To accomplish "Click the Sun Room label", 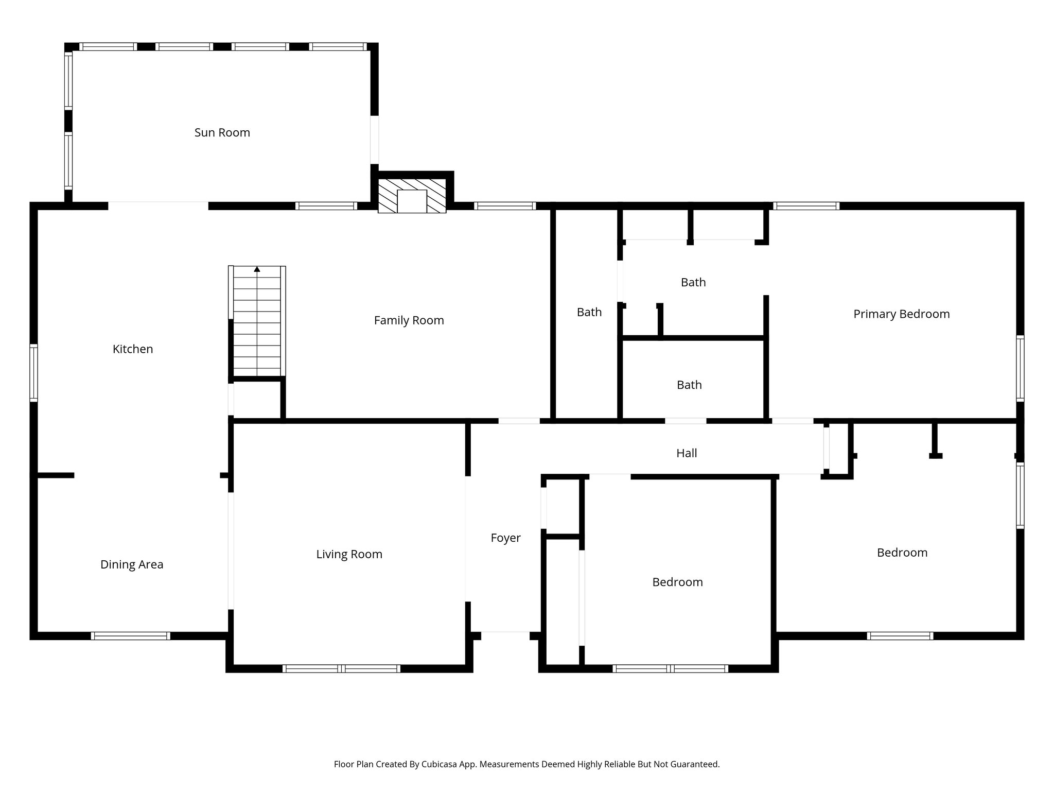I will coord(222,132).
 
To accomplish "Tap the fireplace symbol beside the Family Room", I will coord(412,196).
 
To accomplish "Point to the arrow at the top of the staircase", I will coord(257,269).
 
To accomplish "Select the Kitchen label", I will coord(133,349).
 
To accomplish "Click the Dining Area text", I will coord(132,564).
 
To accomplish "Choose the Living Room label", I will coord(349,554).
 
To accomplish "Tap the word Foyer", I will coord(505,538).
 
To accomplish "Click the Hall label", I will coord(687,453).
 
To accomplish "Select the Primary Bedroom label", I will coord(901,314).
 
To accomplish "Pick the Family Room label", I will coord(409,320).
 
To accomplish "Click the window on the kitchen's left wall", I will coord(33,372).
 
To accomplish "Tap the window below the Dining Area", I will coord(131,636).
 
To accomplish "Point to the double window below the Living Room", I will coord(341,669).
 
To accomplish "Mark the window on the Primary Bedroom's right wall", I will coord(1020,368).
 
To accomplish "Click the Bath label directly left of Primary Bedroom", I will coord(693,282).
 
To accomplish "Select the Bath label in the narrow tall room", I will coord(589,312).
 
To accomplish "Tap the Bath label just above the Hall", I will coord(689,385).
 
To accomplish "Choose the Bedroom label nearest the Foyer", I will coord(677,582).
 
